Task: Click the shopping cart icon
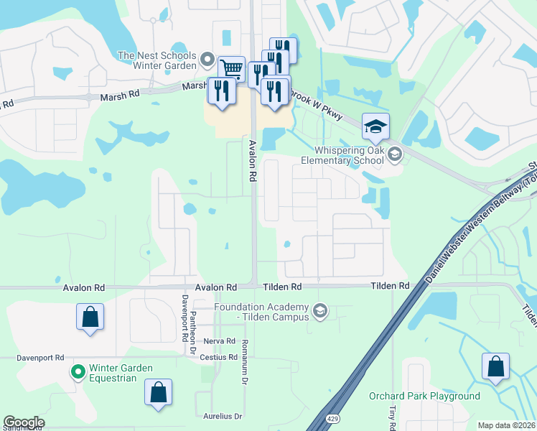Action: (231, 69)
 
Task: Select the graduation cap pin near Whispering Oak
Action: (375, 127)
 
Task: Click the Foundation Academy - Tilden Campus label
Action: (261, 312)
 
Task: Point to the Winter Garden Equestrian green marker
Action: (78, 372)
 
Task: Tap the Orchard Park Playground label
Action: (424, 396)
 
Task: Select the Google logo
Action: (24, 422)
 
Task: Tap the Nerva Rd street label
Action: (220, 340)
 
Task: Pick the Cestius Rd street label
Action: (219, 357)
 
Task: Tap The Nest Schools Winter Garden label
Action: (157, 60)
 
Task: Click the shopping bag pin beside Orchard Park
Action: (495, 366)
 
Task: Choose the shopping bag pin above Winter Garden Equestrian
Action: (90, 317)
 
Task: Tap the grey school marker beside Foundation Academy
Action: (320, 311)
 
